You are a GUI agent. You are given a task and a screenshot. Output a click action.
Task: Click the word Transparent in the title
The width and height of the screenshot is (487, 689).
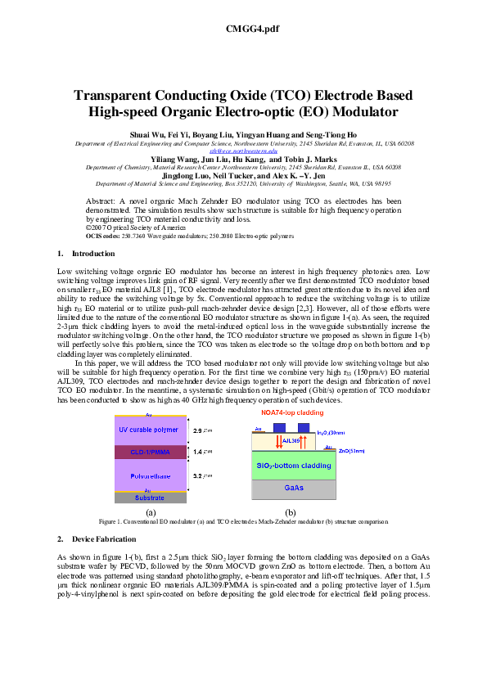[122, 96]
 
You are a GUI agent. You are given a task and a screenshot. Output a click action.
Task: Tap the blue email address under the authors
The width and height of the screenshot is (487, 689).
[243, 151]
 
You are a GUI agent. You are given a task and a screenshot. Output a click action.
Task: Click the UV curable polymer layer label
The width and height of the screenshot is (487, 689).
[149, 430]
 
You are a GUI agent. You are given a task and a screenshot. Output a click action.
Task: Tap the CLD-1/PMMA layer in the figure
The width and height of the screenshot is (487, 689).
[149, 452]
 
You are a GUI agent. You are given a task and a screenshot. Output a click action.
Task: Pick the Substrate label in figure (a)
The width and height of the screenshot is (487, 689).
[148, 498]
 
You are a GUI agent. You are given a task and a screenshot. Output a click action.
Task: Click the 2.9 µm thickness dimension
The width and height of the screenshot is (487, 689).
[201, 430]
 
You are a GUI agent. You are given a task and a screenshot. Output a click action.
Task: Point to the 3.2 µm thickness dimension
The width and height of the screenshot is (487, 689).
[201, 475]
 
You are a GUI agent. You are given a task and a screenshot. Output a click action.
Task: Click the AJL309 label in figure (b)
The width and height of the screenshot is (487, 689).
[291, 441]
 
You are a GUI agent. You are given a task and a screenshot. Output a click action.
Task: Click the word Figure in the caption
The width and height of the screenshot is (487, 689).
[107, 521]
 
